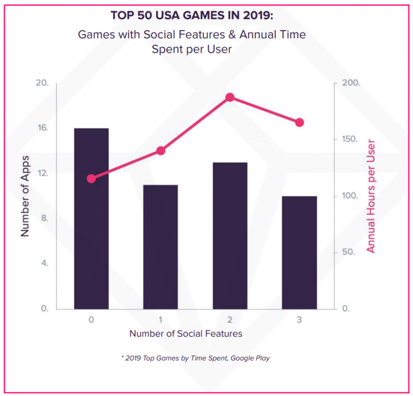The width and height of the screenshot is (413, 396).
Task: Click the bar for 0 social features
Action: click(x=91, y=218)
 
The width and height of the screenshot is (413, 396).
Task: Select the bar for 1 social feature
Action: click(x=160, y=247)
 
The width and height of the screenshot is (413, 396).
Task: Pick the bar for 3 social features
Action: click(x=300, y=252)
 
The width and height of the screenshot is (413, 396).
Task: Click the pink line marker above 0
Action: click(x=91, y=179)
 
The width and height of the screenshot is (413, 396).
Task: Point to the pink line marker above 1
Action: click(x=160, y=151)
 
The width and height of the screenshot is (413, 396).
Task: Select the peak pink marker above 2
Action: click(x=230, y=97)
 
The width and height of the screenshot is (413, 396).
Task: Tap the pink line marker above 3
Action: click(x=300, y=123)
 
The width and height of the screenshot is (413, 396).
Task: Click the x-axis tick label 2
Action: click(x=230, y=320)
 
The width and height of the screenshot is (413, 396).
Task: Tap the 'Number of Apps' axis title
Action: click(x=25, y=196)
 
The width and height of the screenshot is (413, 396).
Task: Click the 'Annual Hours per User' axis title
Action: click(x=371, y=196)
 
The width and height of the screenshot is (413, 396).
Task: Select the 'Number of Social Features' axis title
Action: click(x=186, y=334)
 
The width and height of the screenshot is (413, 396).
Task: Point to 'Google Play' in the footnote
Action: click(x=251, y=358)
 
